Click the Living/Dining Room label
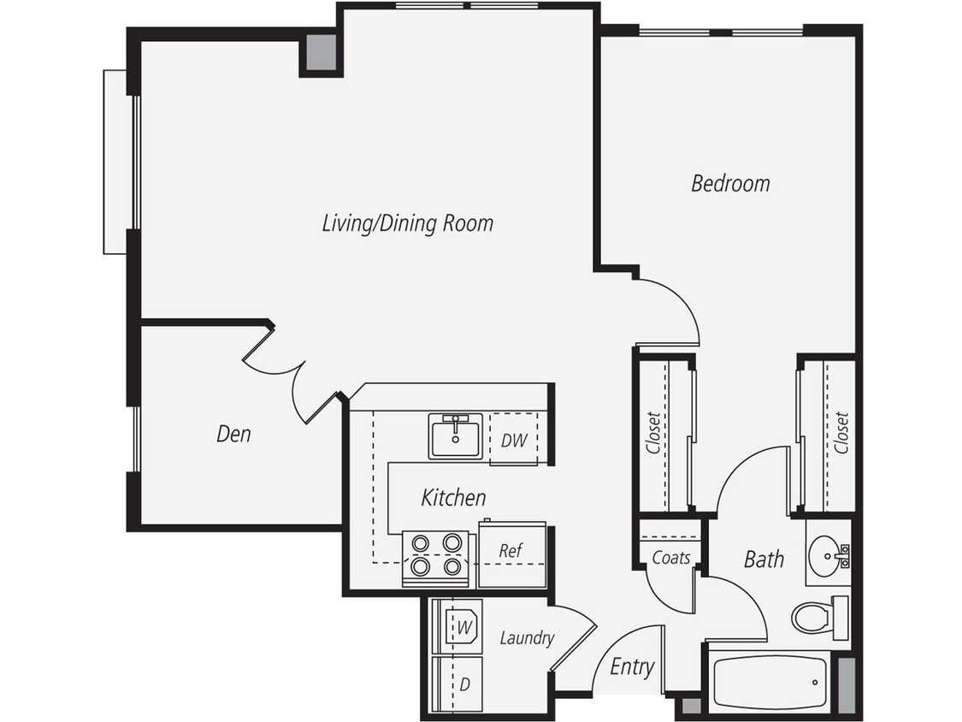pos(407,223)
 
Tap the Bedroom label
pos(730,183)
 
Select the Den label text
pos(233,434)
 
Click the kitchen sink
pos(456,435)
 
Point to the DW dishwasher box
pos(513,441)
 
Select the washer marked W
pos(463,627)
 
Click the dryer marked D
pos(463,684)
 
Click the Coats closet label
pos(671,558)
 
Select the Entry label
pos(632,666)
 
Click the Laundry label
pos(527,637)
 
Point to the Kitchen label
pos(453,497)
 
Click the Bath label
pos(763,559)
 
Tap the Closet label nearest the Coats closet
pos(654,434)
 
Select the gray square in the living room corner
pos(322,52)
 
